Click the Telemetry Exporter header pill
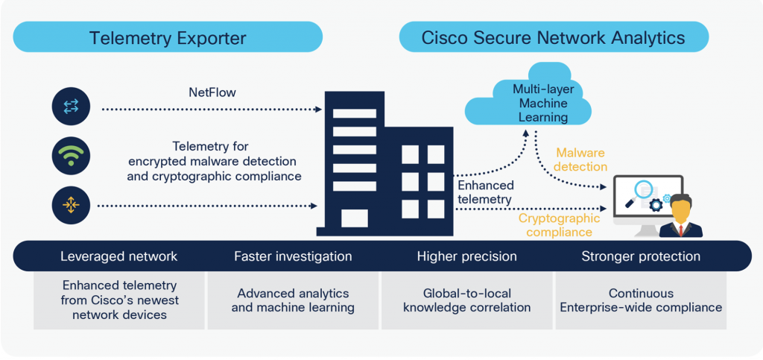(168, 37)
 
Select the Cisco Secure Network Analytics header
(554, 37)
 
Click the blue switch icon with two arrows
(71, 107)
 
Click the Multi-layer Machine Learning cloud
(529, 104)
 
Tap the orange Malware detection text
(581, 159)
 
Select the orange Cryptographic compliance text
(559, 225)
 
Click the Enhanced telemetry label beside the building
(485, 192)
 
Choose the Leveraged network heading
(119, 256)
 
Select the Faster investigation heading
(293, 256)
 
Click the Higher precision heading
(466, 256)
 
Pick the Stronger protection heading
(641, 256)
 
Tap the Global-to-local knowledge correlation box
(466, 300)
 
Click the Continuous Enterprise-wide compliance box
(641, 300)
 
